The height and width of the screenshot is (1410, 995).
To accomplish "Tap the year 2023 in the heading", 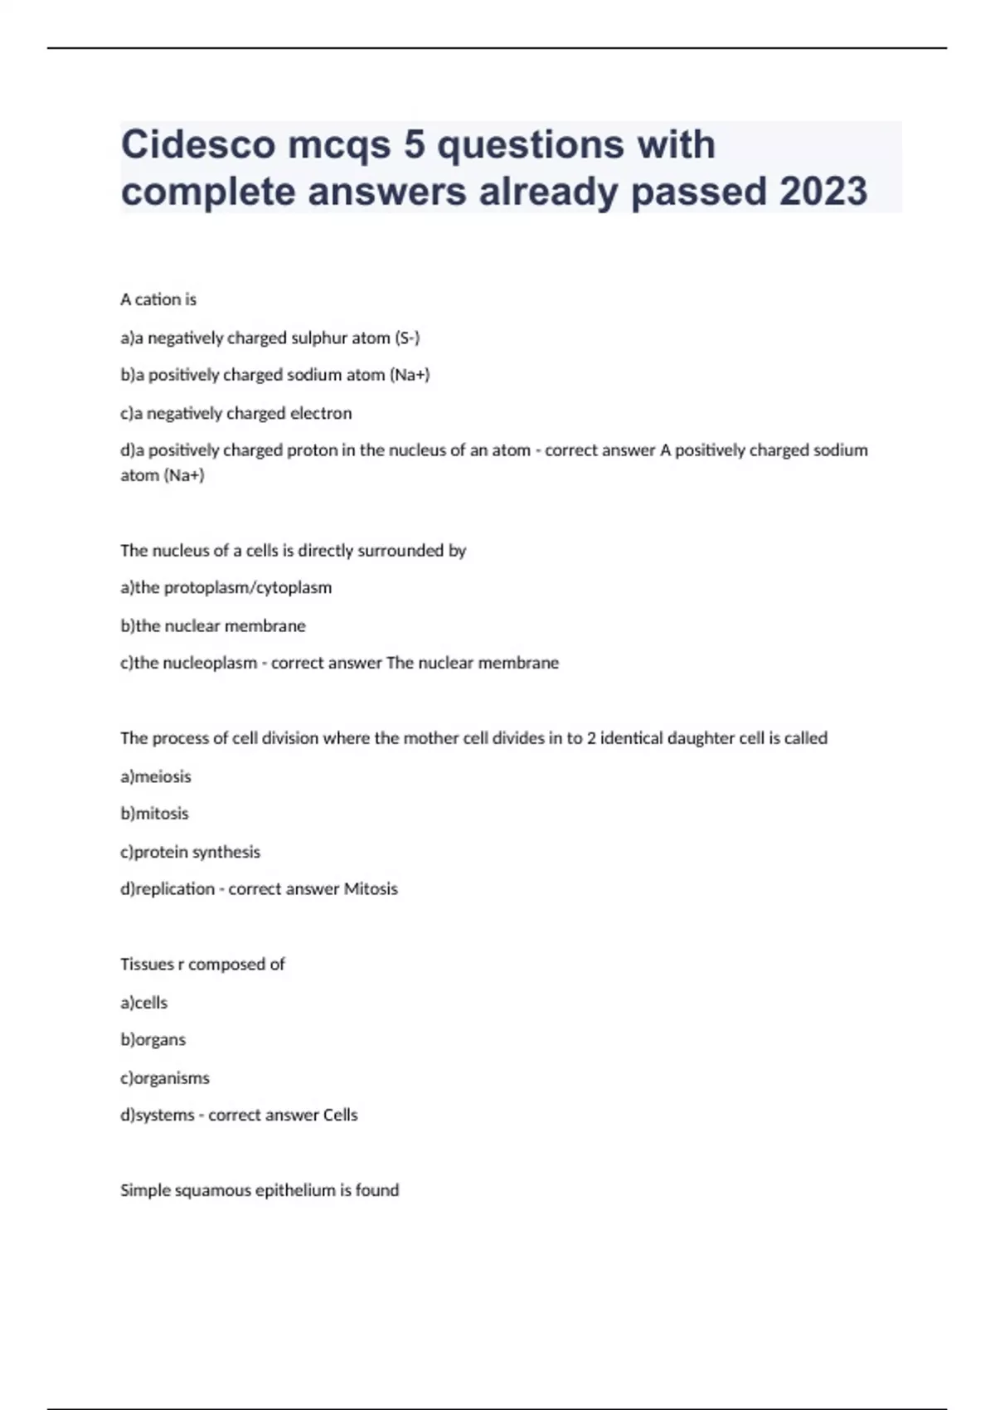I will [x=823, y=192].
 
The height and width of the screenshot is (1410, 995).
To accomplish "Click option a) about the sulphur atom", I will [x=270, y=338].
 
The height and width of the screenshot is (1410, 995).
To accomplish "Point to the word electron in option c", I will [x=319, y=413].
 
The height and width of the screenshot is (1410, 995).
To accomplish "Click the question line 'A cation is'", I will [x=158, y=299].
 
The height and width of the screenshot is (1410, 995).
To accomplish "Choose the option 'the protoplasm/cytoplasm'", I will [x=226, y=587].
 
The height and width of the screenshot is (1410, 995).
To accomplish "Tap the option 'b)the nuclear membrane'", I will [x=213, y=625].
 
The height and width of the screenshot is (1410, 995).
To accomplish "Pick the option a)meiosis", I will [x=156, y=776].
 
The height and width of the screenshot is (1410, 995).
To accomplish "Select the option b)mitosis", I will [x=155, y=814].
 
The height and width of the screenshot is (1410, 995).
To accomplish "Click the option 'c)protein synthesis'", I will [x=191, y=852].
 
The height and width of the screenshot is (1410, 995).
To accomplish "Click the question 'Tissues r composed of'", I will [x=202, y=964].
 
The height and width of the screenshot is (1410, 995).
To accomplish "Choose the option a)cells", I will [x=144, y=1003].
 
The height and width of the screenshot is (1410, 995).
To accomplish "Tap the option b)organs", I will [x=153, y=1040].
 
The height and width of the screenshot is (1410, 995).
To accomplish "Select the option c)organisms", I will [x=165, y=1078].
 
